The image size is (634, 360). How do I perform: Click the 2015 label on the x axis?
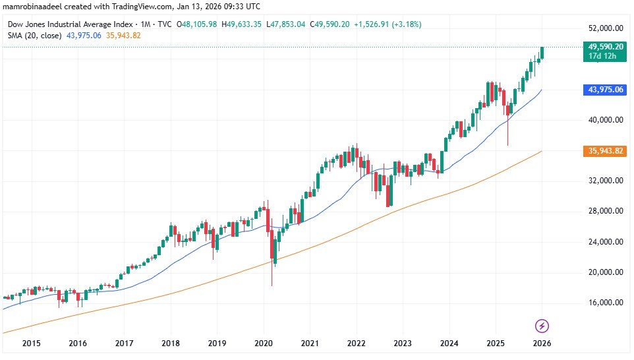click(x=31, y=343)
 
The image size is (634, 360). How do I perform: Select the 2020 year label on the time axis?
click(x=264, y=343)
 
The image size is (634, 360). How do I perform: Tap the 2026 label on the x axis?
click(x=542, y=343)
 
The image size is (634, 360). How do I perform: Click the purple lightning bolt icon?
click(x=542, y=326)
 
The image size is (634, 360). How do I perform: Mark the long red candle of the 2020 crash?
click(x=272, y=251)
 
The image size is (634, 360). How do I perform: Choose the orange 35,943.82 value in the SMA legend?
click(x=125, y=35)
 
